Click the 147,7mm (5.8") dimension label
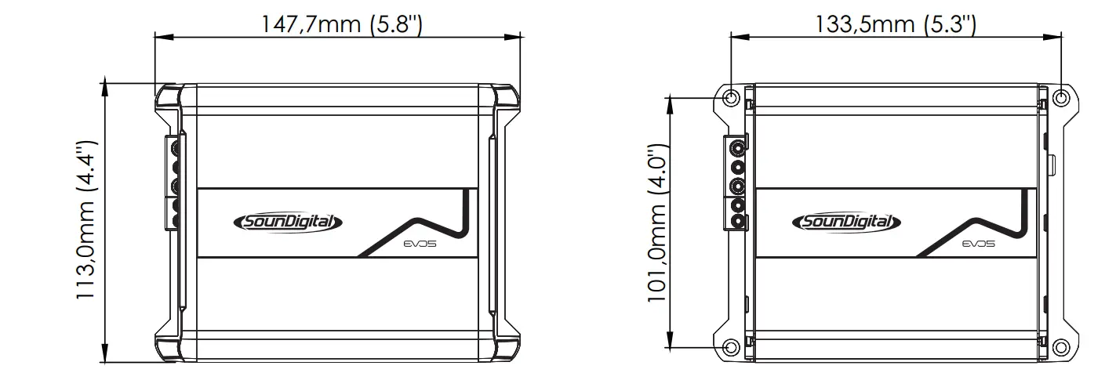pos(342,24)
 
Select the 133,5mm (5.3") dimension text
pos(896,24)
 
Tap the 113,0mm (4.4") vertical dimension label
pos(85,220)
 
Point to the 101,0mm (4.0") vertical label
pos(656,223)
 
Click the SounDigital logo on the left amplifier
pos(288,223)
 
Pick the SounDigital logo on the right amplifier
pos(846,223)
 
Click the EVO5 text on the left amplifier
pos(420,244)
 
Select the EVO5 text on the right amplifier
pos(979,244)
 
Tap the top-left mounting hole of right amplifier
pos(731,98)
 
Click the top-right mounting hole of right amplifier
pos(1061,98)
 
